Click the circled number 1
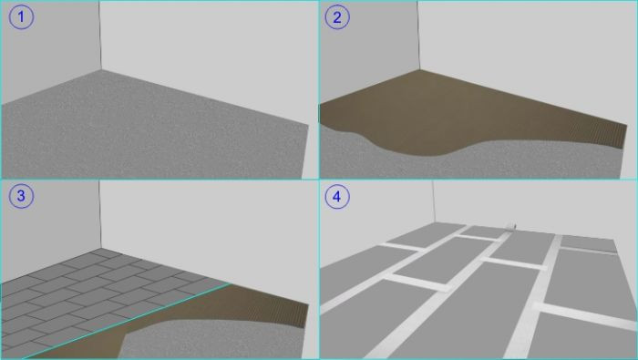(x=20, y=18)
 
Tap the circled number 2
(x=338, y=18)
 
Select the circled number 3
(x=20, y=197)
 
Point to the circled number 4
(x=338, y=197)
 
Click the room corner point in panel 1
(x=100, y=70)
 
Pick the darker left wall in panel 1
(x=46, y=55)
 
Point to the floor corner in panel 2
(x=420, y=70)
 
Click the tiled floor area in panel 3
(x=82, y=283)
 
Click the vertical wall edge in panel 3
(x=100, y=219)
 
